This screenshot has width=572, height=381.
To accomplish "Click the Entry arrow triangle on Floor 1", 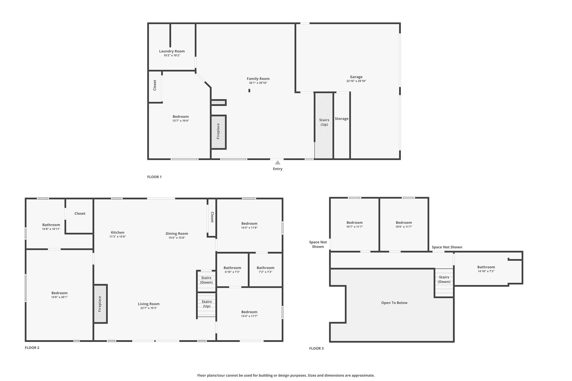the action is (x=278, y=162).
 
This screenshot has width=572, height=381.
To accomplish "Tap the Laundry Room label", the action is (x=172, y=51).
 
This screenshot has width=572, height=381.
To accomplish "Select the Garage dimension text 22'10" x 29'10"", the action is (x=356, y=81).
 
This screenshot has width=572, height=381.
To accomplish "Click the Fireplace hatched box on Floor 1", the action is (x=218, y=132).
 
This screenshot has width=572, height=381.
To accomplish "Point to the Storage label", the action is (x=342, y=119).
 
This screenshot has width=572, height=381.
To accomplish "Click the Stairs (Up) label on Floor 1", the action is (x=324, y=122).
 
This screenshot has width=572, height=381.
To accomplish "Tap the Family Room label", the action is (x=258, y=79).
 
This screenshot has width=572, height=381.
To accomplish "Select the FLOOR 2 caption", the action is (x=32, y=348).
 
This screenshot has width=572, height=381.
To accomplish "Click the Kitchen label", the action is (x=118, y=233).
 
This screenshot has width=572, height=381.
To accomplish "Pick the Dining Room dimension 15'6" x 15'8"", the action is (x=177, y=238).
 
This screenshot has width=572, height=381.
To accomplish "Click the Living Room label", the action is (x=149, y=304).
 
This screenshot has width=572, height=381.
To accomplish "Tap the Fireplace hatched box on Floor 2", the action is (x=100, y=304).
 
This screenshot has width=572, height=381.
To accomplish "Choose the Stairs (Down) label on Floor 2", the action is (x=206, y=280).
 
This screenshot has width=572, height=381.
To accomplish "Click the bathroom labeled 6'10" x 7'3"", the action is (x=232, y=270).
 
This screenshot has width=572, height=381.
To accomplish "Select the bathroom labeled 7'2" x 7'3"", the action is (x=266, y=270).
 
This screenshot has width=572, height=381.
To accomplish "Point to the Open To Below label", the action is (x=394, y=303).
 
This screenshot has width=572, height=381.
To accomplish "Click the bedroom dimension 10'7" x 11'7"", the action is (x=355, y=227).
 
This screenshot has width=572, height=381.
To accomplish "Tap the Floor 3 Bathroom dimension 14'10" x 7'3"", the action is (x=486, y=271).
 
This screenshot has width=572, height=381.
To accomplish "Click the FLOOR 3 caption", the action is (x=316, y=348).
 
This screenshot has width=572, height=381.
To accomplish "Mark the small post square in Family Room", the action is (x=249, y=90).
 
